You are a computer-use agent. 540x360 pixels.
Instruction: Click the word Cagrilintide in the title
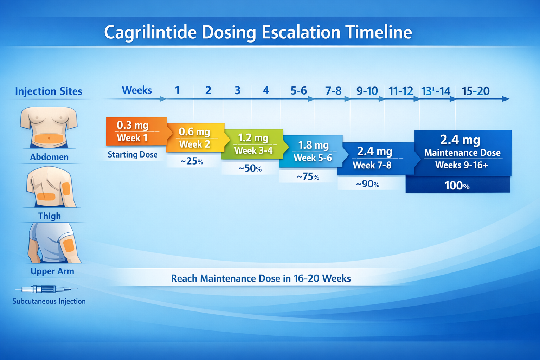click(x=150, y=32)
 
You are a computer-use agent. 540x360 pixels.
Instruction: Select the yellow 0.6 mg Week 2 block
click(x=194, y=138)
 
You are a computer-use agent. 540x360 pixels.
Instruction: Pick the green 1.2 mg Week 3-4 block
click(x=253, y=144)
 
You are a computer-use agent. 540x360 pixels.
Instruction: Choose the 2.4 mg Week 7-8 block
click(x=374, y=158)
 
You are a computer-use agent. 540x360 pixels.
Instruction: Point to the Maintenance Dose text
click(x=462, y=153)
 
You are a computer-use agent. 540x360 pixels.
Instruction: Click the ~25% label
click(x=192, y=161)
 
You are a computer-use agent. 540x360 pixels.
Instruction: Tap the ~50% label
click(x=250, y=168)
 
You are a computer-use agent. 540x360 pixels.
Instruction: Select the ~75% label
click(x=308, y=176)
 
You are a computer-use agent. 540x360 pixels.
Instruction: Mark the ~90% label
click(x=367, y=184)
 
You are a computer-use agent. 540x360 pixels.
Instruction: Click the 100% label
click(x=457, y=186)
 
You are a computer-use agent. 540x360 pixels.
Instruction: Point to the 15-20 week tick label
click(x=475, y=91)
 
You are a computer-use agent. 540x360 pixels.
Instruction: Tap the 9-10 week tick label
click(x=367, y=91)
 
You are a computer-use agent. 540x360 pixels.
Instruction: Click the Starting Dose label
click(x=133, y=155)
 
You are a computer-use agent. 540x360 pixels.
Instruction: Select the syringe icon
click(x=46, y=289)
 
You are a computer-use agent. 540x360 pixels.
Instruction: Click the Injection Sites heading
click(x=49, y=91)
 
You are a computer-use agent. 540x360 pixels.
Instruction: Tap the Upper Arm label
click(x=52, y=271)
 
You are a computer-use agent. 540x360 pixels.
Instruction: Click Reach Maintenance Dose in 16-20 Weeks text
click(x=261, y=278)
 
